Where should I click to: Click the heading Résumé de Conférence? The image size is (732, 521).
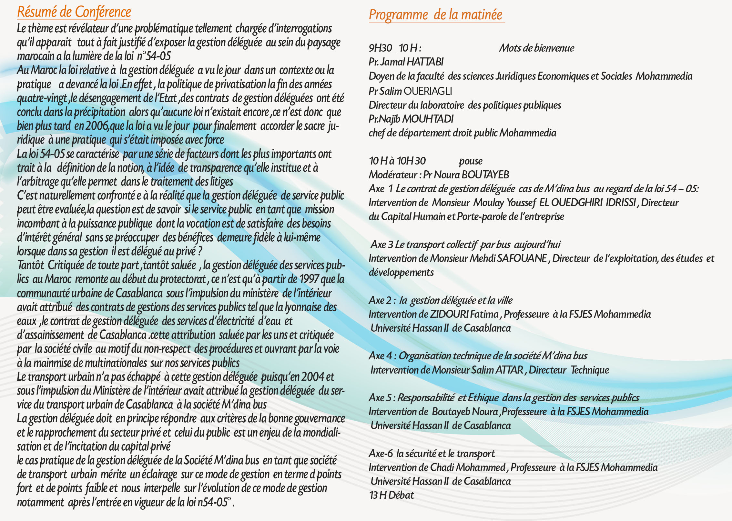[74, 12]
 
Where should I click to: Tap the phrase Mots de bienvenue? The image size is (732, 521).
[536, 48]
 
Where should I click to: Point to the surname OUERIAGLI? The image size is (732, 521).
[428, 91]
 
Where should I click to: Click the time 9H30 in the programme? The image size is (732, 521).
[380, 48]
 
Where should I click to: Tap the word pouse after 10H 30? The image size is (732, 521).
[471, 161]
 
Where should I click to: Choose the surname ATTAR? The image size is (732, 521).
[509, 370]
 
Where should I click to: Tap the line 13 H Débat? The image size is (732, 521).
[391, 495]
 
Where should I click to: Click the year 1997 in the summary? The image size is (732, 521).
[309, 279]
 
